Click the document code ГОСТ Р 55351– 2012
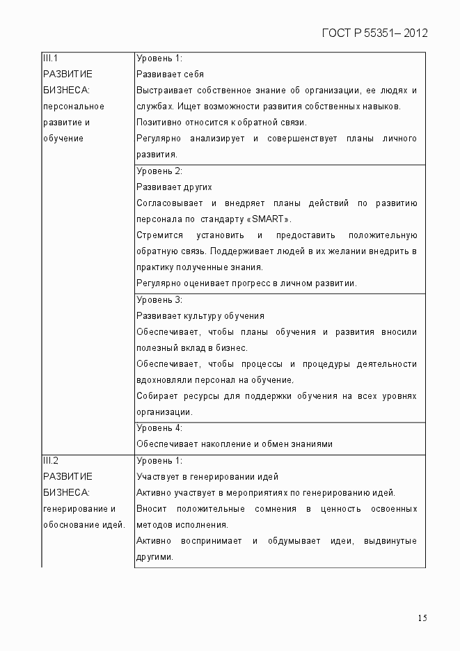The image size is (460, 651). coord(374,33)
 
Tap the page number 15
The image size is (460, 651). coord(422,618)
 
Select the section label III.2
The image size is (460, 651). coord(50,460)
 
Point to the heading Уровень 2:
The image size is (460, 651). coord(159,171)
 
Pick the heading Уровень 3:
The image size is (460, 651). coord(159,300)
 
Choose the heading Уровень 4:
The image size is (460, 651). coord(159,428)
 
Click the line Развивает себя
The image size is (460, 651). coord(170,74)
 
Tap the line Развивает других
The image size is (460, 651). coord(174,187)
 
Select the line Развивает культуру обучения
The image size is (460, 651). coord(200,316)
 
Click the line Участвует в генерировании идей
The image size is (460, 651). coord(207,477)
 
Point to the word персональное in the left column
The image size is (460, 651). coord(73,107)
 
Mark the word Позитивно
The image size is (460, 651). coord(157,123)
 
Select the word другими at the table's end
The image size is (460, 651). coord(154,557)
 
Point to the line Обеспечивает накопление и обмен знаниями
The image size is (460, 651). coord(235,444)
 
